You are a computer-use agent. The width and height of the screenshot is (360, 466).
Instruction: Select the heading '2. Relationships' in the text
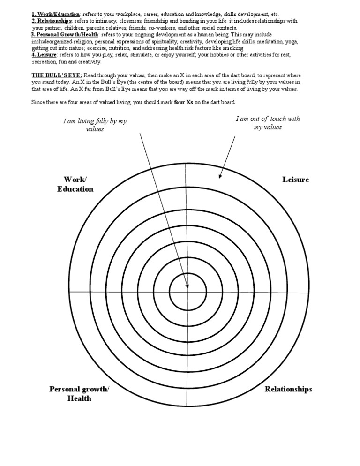click(x=52, y=21)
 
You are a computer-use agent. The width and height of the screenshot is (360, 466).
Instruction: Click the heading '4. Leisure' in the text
click(x=44, y=55)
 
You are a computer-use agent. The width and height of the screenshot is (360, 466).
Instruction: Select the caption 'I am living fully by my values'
click(x=95, y=125)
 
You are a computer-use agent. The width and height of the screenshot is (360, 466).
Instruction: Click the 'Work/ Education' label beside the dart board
click(x=75, y=184)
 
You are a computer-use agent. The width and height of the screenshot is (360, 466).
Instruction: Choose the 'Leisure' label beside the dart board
click(x=295, y=180)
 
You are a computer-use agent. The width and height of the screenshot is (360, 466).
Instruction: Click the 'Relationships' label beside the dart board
click(x=288, y=389)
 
